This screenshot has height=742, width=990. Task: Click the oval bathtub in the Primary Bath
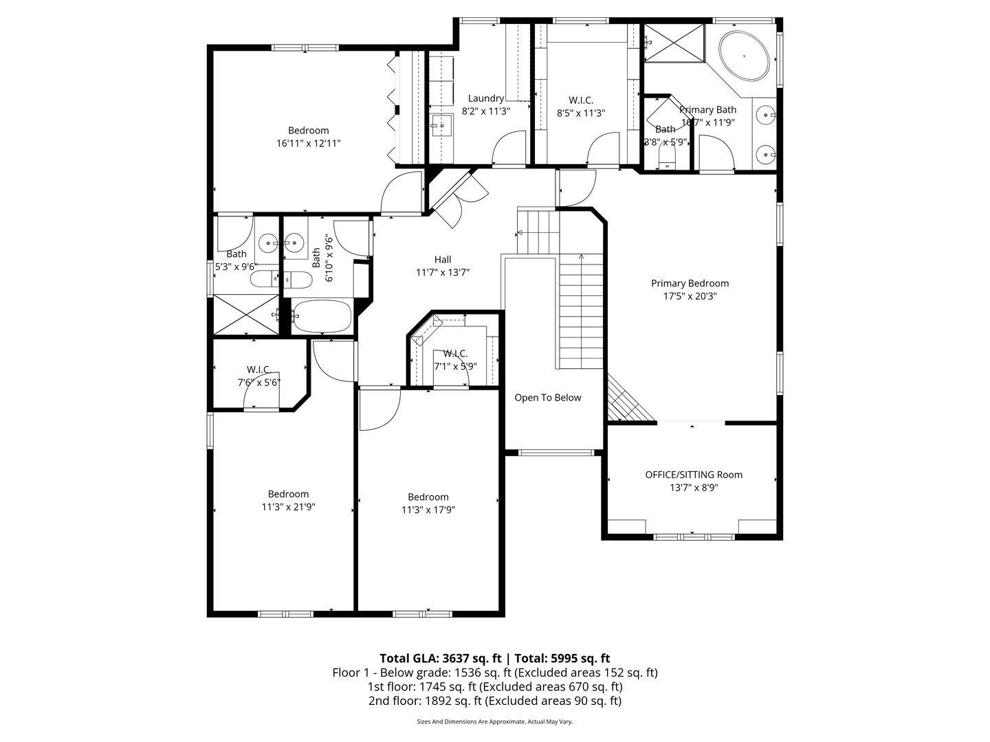point(744,55)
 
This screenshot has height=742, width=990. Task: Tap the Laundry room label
point(486,98)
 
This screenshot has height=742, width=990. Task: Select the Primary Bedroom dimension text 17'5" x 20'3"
point(690,296)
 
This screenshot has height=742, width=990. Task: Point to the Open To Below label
point(548,398)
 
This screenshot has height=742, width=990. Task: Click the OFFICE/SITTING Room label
point(694,475)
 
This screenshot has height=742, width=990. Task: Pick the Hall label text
point(443,260)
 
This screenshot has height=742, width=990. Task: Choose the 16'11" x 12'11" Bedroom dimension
point(309,143)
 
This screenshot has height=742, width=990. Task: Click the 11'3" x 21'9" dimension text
point(288,507)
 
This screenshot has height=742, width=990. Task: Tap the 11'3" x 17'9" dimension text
point(428,510)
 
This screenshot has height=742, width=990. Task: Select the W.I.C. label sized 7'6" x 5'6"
point(259,370)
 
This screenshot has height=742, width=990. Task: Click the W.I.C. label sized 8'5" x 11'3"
point(581,100)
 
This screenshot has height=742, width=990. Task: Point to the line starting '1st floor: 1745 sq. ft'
point(495,686)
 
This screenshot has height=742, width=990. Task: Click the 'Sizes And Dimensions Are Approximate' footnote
point(495,722)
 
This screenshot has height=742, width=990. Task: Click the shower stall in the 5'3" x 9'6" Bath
point(245,315)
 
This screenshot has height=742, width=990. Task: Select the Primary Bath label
point(707,110)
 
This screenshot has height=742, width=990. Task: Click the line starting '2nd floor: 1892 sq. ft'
point(495,701)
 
